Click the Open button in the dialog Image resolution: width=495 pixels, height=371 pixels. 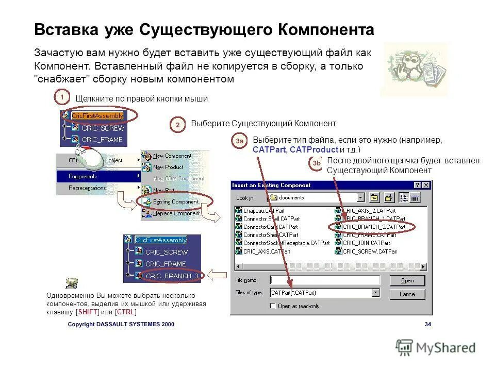click(407, 280)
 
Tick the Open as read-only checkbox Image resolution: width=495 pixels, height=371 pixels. click(273, 306)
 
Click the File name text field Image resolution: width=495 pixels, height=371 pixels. click(325, 280)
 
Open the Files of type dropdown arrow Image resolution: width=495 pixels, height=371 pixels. click(376, 292)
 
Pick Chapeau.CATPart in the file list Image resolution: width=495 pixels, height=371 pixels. click(263, 210)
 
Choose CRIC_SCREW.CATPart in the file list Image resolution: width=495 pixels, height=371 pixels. click(370, 251)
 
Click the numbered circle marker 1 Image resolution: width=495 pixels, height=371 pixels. click(62, 97)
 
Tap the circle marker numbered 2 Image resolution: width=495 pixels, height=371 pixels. click(177, 125)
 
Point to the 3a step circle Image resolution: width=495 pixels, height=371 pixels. click(239, 141)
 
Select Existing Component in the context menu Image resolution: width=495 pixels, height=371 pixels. click(175, 201)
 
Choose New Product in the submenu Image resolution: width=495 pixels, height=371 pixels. click(168, 167)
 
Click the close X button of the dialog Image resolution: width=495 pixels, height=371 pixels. click(426, 185)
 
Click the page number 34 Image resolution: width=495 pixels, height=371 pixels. click(427, 325)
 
